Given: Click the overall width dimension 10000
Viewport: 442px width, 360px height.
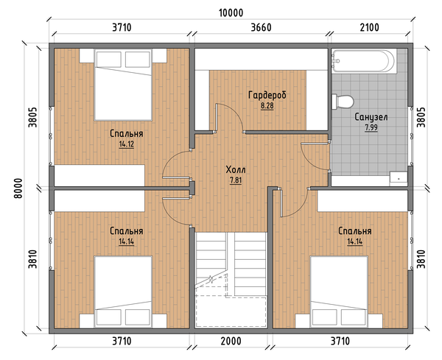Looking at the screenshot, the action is (x=231, y=13).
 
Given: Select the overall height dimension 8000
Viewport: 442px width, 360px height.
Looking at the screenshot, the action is (x=18, y=188).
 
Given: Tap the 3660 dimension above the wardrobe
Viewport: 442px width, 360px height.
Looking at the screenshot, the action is (x=261, y=27).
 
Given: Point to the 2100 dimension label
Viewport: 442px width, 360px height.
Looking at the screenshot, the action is (x=370, y=27).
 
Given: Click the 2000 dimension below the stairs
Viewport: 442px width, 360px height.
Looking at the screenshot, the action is (x=231, y=341).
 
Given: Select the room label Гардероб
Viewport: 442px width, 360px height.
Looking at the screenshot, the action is (x=267, y=95).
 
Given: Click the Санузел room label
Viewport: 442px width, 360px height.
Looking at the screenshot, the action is (x=371, y=117).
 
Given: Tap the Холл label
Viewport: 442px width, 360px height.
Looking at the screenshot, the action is (x=236, y=169).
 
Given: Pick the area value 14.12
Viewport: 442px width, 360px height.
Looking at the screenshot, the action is (x=126, y=144).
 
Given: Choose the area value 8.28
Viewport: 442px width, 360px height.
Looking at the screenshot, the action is (x=267, y=106).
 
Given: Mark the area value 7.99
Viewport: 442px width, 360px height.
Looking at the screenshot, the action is (x=371, y=127).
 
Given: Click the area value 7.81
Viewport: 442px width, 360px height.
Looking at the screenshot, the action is (x=236, y=180).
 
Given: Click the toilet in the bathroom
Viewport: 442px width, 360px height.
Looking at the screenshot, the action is (x=343, y=102).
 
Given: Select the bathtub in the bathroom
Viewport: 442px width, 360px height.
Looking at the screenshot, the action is (x=364, y=61).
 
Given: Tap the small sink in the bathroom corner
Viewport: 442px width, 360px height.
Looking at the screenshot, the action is (x=399, y=179).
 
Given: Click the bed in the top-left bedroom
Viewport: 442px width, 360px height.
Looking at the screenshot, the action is (x=123, y=85).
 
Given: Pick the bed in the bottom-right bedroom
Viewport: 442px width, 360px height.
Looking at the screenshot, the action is (x=339, y=292).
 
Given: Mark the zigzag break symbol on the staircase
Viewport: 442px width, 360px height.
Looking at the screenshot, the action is (x=211, y=280).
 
